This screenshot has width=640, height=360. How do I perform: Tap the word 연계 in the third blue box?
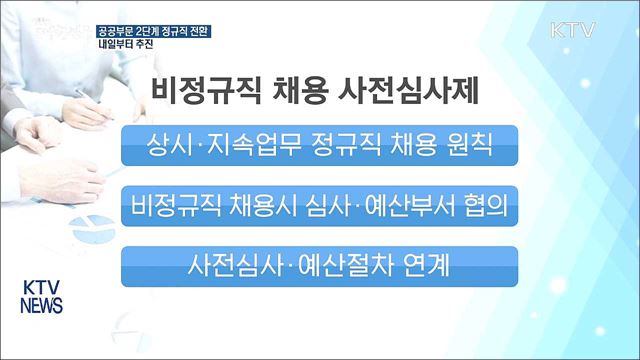click(x=429, y=266)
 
